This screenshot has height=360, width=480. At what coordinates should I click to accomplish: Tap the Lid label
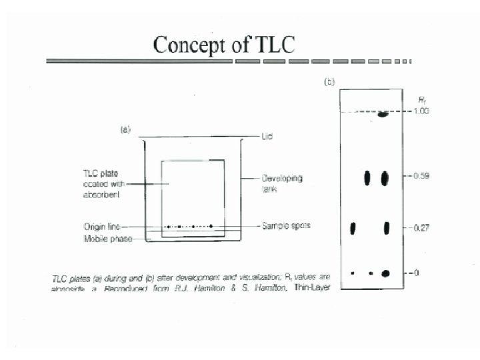[268, 136]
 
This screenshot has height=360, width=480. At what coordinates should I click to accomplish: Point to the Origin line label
[97, 227]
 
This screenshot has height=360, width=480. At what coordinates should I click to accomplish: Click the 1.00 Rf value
[420, 111]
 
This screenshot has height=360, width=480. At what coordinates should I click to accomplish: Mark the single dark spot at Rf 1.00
[383, 114]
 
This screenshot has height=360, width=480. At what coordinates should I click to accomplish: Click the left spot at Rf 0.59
[367, 178]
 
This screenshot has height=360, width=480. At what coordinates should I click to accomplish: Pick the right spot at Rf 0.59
[385, 178]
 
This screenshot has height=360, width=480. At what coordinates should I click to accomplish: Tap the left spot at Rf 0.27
[353, 228]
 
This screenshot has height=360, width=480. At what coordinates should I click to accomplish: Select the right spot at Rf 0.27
[385, 228]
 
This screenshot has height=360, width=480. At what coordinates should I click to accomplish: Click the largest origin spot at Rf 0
[385, 273]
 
